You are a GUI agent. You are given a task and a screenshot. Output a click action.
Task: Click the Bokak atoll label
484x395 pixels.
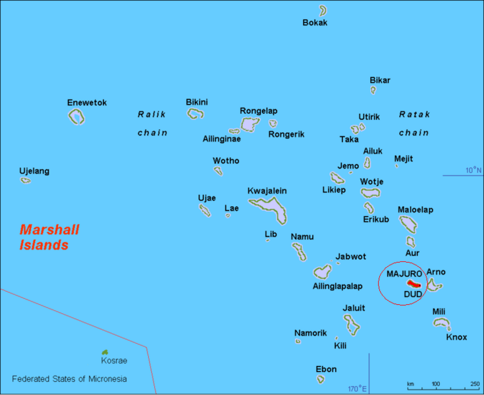click(315, 23)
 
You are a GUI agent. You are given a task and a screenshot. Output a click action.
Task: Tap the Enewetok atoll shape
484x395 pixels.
click(76, 117)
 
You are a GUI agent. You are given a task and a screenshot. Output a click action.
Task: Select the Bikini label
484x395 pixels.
click(197, 102)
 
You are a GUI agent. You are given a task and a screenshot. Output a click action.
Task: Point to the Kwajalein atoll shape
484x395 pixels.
click(270, 209)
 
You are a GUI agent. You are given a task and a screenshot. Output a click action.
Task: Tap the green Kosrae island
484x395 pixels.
click(105, 353)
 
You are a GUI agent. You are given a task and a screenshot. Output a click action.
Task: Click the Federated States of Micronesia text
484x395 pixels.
click(69, 379)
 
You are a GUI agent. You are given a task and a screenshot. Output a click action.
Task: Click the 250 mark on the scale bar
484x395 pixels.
click(475, 384)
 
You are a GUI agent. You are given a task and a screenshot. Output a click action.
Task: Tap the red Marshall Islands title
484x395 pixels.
click(49, 238)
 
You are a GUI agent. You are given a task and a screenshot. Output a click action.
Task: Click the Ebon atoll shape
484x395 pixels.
click(321, 379)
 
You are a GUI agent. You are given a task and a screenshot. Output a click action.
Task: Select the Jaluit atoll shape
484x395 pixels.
click(352, 324)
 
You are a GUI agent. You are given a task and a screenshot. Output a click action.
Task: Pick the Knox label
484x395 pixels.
click(456, 337)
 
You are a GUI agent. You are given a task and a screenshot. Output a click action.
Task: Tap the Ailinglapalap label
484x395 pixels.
click(337, 286)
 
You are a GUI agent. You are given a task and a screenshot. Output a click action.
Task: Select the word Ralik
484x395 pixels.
click(151, 114)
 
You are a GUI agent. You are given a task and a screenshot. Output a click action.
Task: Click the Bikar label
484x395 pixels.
click(380, 80)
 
